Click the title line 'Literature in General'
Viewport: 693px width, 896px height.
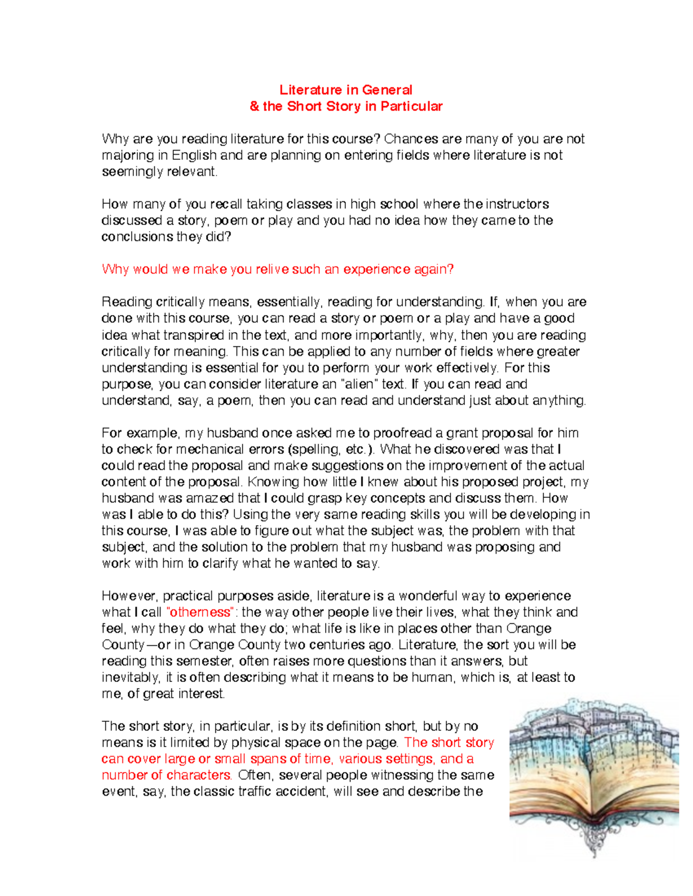345,90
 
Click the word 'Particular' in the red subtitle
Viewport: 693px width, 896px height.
411,106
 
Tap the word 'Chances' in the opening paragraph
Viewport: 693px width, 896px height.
411,139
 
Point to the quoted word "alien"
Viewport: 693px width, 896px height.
358,384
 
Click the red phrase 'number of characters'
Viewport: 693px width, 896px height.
166,775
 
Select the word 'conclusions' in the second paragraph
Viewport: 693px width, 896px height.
137,237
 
